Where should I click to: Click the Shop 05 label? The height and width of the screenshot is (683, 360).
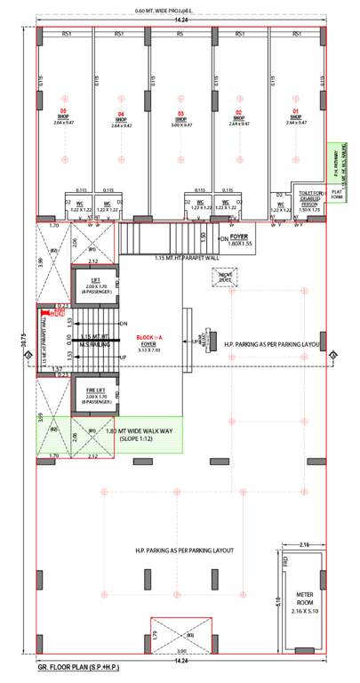(x=63, y=116)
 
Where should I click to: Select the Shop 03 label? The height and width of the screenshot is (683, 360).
(x=180, y=116)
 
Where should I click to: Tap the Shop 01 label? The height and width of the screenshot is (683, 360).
(x=296, y=116)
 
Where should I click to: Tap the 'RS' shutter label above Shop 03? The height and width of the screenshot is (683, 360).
(x=180, y=33)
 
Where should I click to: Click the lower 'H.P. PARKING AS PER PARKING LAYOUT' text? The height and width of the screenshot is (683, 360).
(x=183, y=551)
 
